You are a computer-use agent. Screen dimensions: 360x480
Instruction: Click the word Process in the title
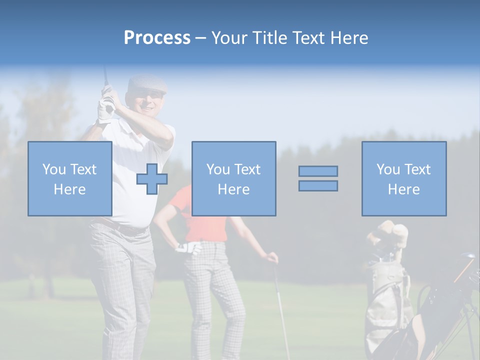click(x=157, y=38)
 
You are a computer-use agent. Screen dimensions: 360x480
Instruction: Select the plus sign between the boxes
click(x=152, y=179)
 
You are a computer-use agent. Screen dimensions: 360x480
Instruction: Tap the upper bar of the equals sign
click(x=318, y=171)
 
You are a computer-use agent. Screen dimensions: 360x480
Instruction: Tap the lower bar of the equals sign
click(x=318, y=186)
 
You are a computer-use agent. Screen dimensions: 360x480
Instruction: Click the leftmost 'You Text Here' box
click(x=70, y=179)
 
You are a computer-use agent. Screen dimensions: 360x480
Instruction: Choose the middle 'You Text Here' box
click(x=233, y=179)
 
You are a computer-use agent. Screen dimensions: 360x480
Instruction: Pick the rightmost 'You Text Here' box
click(x=403, y=179)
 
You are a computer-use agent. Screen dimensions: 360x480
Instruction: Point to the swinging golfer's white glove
click(x=106, y=108)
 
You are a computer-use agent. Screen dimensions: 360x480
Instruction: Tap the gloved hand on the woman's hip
click(x=189, y=247)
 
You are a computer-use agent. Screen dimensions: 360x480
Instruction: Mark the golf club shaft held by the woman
click(x=281, y=310)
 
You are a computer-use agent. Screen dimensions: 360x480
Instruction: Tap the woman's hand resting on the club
click(x=271, y=258)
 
